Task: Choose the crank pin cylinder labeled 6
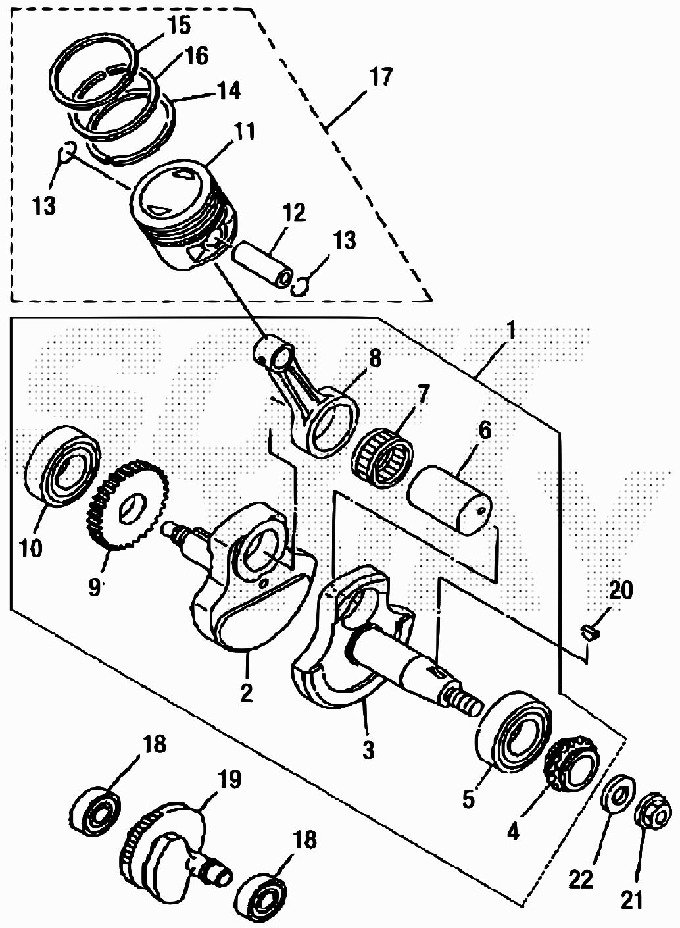pos(450,498)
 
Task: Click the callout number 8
pos(374,359)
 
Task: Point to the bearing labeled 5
pos(513,731)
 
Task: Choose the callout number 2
pos(246,694)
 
